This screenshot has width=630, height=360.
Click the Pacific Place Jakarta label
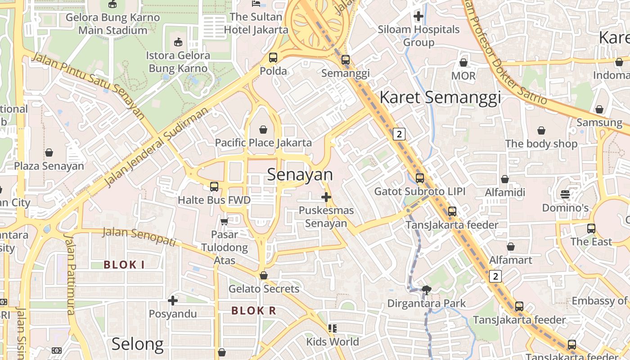263,143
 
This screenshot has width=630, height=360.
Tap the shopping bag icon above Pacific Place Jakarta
263,130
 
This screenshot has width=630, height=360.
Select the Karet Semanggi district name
440,97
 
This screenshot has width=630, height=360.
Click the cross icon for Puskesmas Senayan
326,197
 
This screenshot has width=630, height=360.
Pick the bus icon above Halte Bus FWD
214,186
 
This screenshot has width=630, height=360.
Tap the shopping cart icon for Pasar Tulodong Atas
224,221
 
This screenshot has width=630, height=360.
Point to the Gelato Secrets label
264,288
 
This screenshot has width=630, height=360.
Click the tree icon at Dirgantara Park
426,290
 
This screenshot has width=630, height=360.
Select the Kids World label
333,342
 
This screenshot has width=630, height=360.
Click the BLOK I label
124,265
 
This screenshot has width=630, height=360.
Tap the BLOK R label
254,310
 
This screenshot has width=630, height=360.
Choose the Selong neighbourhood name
138,344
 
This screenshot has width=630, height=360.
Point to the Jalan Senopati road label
139,237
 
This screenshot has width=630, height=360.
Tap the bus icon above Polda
273,58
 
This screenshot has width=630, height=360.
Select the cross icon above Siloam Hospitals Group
418,17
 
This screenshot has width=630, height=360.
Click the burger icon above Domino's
565,194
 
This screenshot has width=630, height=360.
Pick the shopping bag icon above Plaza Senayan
49,153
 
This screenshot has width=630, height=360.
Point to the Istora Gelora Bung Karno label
178,62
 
